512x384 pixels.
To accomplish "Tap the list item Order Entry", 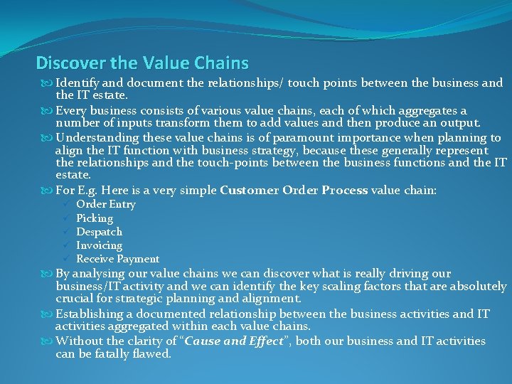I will click(106, 205).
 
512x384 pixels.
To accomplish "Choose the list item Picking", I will click(95, 218).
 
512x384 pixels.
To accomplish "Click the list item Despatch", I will click(99, 232).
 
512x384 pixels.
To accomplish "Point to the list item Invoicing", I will click(100, 245).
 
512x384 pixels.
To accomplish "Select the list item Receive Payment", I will click(117, 259).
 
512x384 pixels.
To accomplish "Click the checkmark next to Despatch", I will click(65, 232).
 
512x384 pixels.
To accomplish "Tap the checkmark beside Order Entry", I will click(65, 205).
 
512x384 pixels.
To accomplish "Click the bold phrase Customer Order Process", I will click(294, 191).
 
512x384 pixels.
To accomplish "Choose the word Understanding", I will click(97, 138).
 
